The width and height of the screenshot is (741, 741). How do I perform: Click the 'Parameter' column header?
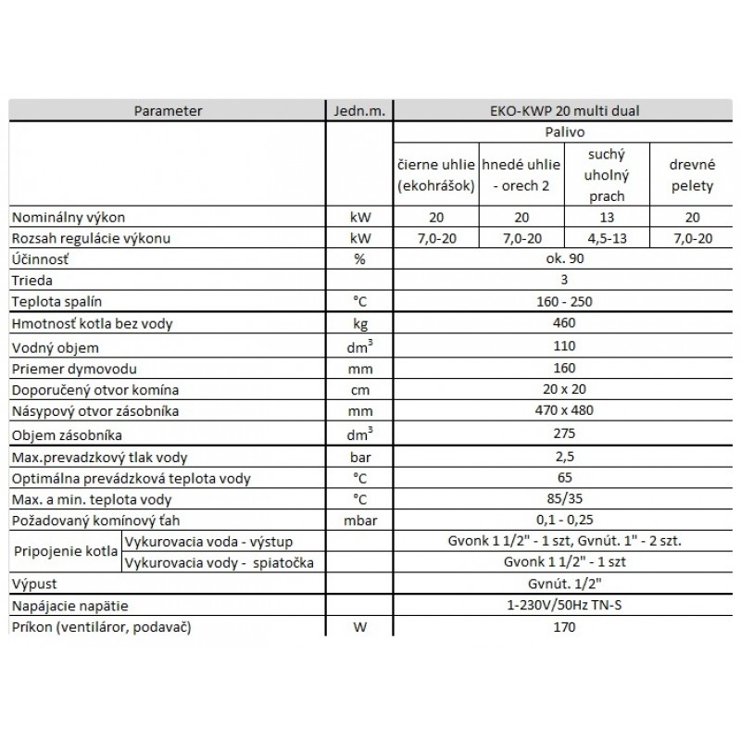click(x=168, y=111)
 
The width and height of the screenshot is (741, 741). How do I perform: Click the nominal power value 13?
click(x=606, y=217)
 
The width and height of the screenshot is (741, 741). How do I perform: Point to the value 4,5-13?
click(x=606, y=238)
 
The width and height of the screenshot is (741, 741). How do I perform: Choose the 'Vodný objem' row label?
click(x=53, y=346)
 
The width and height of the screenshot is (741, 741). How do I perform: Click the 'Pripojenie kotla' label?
click(x=65, y=552)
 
